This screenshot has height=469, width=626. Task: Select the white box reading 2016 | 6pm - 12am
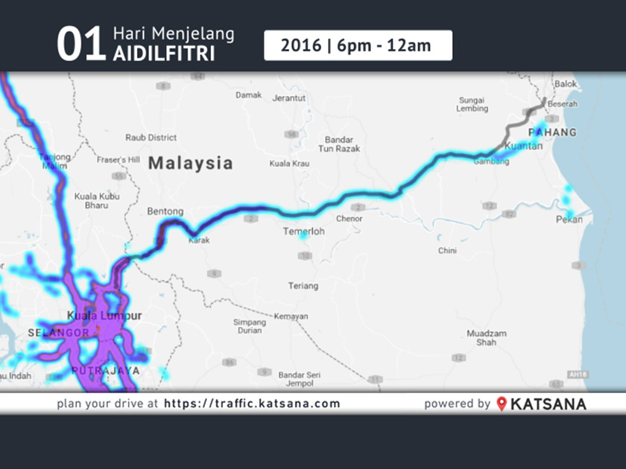click(x=358, y=45)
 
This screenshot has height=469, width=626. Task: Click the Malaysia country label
click(x=190, y=163)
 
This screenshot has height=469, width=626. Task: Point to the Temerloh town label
click(x=303, y=232)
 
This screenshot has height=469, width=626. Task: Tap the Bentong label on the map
click(x=165, y=211)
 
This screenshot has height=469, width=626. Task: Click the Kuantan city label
click(x=523, y=147)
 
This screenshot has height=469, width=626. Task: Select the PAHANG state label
click(x=552, y=132)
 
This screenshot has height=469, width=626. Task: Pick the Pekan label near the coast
click(x=569, y=220)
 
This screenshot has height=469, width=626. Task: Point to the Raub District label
click(x=151, y=138)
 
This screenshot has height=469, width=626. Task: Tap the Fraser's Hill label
click(x=118, y=159)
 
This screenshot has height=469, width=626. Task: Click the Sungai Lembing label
click(x=472, y=104)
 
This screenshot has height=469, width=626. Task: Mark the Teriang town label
click(x=303, y=286)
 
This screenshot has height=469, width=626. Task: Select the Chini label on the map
click(x=447, y=251)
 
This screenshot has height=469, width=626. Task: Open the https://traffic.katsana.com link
click(x=252, y=404)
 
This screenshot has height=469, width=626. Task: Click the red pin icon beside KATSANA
click(x=502, y=404)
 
